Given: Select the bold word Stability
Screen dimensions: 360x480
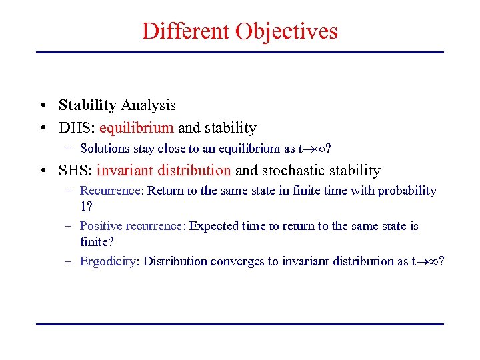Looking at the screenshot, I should tap(87, 105).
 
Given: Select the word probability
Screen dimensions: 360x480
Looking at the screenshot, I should tap(407, 191).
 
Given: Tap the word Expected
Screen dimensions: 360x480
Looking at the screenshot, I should tap(215, 226).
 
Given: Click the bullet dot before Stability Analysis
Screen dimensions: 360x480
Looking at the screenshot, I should tap(42, 106).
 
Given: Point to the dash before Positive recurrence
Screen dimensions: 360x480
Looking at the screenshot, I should tap(69, 226).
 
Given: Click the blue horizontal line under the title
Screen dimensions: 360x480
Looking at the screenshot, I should tap(240, 52).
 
